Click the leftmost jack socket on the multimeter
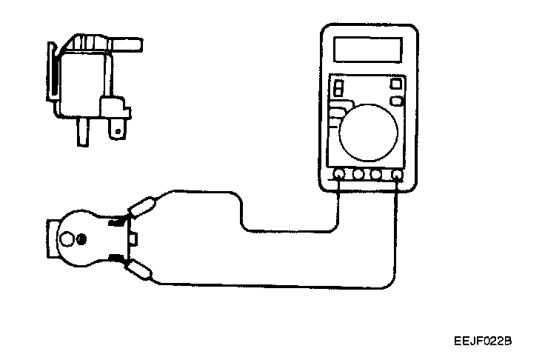coord(339,176)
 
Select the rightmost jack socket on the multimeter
coord(398,176)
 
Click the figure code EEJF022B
coord(484,341)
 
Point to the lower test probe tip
coord(141,269)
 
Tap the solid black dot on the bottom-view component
coord(82,239)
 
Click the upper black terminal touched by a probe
coord(116,220)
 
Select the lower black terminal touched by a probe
coord(116,257)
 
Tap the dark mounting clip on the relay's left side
coord(53,74)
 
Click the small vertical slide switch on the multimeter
coord(338,88)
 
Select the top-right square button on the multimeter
coord(395,83)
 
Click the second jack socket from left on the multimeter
coord(358,176)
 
